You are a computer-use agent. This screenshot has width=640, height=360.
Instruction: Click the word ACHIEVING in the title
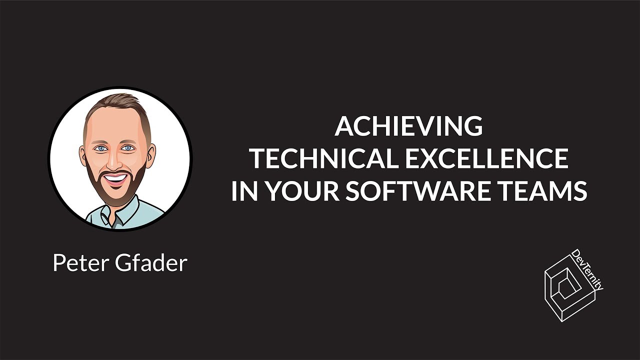408,126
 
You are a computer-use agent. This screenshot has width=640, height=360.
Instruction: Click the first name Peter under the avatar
79,263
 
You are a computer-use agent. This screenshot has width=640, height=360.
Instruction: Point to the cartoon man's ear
149,152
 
